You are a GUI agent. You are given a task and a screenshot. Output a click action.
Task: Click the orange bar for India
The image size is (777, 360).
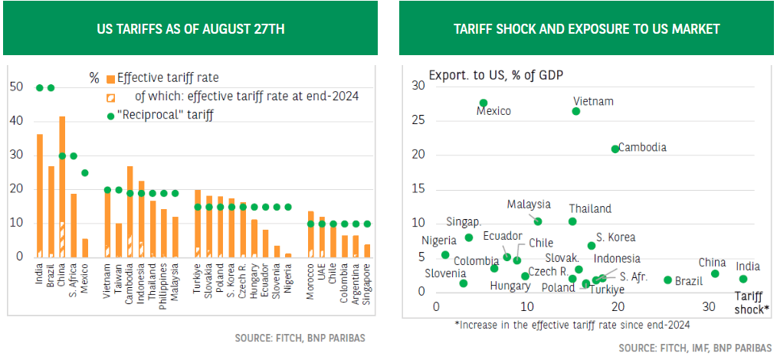40,195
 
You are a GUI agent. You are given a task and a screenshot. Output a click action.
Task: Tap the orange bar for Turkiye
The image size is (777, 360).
198,222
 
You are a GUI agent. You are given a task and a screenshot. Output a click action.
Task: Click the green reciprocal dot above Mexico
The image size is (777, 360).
85,173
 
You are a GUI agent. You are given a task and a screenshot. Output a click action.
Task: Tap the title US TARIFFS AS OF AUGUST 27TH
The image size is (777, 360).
190,29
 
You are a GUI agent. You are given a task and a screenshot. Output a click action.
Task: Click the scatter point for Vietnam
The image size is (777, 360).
576,111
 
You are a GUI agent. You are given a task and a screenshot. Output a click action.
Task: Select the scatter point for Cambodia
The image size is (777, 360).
615,149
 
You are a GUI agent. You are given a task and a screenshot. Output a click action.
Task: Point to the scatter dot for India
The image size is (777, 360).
743,279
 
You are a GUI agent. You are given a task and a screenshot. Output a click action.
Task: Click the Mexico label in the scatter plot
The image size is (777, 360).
493,111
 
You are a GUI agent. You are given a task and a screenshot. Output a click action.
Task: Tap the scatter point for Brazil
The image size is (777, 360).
667,280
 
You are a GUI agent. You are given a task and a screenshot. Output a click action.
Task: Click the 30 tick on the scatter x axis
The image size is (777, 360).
709,307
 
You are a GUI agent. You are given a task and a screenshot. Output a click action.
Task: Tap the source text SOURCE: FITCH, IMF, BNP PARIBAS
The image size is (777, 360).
694,347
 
